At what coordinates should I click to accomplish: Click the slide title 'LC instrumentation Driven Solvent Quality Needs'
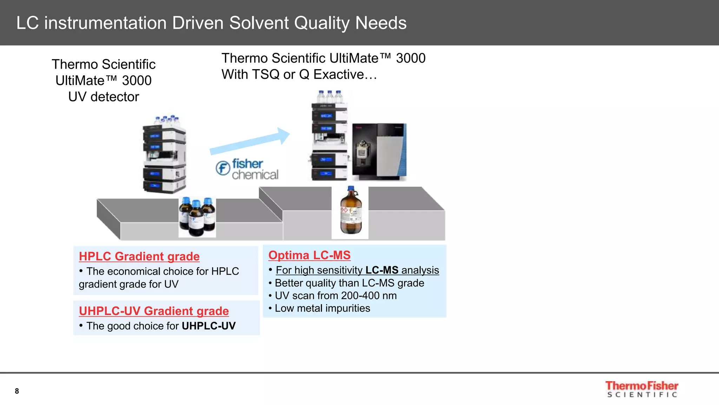[211, 23]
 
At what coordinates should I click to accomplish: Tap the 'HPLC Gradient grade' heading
[139, 256]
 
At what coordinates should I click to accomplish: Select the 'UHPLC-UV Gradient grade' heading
[154, 311]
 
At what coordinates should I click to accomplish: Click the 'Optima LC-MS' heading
[309, 255]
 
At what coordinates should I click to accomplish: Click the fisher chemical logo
[247, 169]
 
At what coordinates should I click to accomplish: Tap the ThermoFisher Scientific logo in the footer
[641, 389]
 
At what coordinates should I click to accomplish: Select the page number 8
[17, 391]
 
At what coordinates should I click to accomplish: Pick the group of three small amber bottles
[197, 217]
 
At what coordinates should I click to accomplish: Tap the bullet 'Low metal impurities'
[322, 308]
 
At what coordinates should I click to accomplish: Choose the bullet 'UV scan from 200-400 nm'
[335, 296]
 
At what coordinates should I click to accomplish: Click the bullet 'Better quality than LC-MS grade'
[349, 283]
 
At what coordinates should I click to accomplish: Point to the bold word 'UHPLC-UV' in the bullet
[209, 326]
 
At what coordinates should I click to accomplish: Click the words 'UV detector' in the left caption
[104, 97]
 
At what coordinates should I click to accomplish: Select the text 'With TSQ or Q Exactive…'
[299, 75]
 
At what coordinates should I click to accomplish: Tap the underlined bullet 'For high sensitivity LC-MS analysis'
[357, 270]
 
